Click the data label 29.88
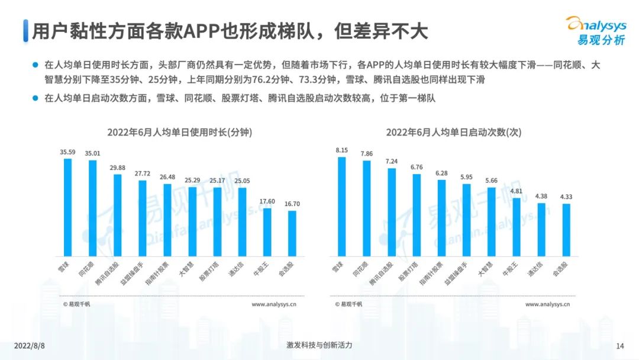tap(117, 168)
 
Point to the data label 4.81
tap(516, 191)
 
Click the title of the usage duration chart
tap(180, 133)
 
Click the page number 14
tap(620, 346)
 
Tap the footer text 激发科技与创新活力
tap(319, 345)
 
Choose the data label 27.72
tap(143, 173)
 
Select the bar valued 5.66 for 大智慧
tap(491, 221)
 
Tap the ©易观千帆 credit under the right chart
tap(348, 304)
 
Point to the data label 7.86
tap(367, 154)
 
